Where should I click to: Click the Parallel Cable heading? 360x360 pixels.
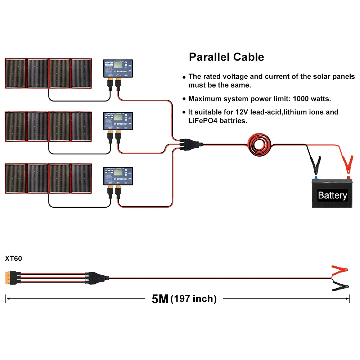[226, 57]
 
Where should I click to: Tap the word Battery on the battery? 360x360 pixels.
[332, 195]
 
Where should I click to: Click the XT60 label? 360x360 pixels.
[14, 258]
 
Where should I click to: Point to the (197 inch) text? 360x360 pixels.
[194, 299]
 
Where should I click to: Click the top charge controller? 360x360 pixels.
[118, 68]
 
